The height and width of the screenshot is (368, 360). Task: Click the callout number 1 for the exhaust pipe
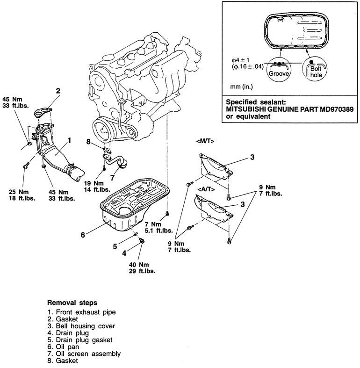(69, 140)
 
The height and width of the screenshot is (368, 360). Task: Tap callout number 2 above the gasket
(58, 91)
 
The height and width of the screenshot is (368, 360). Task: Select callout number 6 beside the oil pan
(83, 235)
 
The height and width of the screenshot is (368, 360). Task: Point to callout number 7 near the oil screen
(112, 178)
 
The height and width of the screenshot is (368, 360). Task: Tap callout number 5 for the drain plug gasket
(115, 246)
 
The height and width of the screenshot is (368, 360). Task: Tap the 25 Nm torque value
(19, 191)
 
